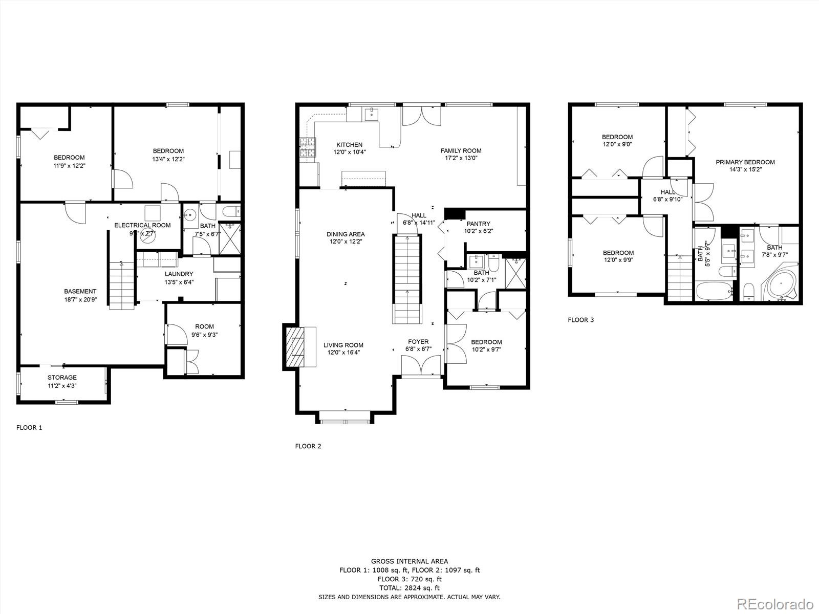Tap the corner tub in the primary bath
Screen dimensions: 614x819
pyautogui.click(x=781, y=284)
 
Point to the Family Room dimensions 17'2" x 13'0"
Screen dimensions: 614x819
pyautogui.click(x=461, y=158)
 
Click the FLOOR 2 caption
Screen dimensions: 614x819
pyautogui.click(x=308, y=446)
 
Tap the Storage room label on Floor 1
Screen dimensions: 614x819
pyautogui.click(x=62, y=378)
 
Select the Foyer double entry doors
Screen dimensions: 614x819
pyautogui.click(x=421, y=366)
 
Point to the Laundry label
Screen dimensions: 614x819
pyautogui.click(x=179, y=274)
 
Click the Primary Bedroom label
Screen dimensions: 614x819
pyautogui.click(x=745, y=162)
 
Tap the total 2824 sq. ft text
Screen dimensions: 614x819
pyautogui.click(x=409, y=588)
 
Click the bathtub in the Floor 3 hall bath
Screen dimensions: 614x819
pyautogui.click(x=715, y=292)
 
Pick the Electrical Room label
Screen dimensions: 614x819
pyautogui.click(x=142, y=225)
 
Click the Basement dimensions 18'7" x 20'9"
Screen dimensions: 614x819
pyautogui.click(x=80, y=300)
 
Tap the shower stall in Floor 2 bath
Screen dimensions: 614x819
pyautogui.click(x=515, y=273)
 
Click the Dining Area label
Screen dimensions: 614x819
pyautogui.click(x=346, y=234)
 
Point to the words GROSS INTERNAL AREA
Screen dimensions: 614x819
pyautogui.click(x=409, y=561)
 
